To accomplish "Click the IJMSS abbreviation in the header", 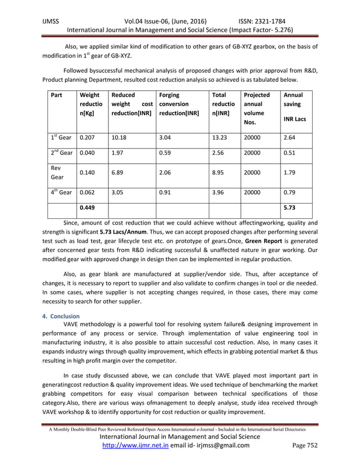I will pyautogui.click(x=51, y=18).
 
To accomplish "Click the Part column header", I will pyautogui.click(x=56, y=95).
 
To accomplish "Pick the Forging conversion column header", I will pyautogui.click(x=178, y=104).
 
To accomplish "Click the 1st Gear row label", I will pyautogui.click(x=60, y=137).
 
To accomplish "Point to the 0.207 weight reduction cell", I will pyautogui.click(x=87, y=137).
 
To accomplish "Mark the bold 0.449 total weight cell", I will pyautogui.click(x=88, y=208).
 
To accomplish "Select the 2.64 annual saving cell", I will pyautogui.click(x=291, y=137).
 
